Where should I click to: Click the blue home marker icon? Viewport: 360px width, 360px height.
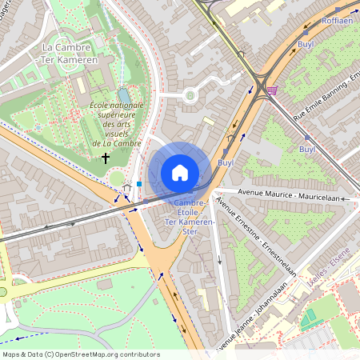click(180, 172)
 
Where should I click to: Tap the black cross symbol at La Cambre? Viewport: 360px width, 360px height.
click(105, 158)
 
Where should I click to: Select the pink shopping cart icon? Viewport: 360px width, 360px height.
click(273, 90)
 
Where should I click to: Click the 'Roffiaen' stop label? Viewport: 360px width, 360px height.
click(337, 21)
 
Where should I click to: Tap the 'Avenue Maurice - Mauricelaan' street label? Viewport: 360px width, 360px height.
click(284, 194)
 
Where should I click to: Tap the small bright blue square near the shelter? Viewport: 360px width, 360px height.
click(139, 183)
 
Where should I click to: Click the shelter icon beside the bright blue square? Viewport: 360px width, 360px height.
click(126, 189)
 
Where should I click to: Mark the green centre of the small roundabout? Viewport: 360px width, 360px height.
click(190, 95)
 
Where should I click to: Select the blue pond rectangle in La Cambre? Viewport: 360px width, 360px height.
click(123, 94)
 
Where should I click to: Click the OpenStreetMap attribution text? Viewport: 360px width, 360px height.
click(81, 354)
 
